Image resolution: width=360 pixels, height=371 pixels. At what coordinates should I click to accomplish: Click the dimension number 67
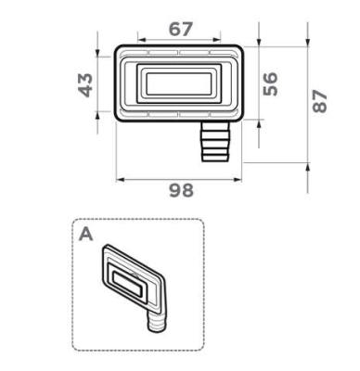click(181, 29)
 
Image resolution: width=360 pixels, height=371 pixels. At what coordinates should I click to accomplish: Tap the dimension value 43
click(85, 85)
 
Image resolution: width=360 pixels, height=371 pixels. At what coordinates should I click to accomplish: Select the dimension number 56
click(270, 83)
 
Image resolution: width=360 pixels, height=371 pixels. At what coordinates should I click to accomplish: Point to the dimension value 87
click(319, 101)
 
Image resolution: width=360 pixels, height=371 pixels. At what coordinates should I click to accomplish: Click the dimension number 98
click(182, 190)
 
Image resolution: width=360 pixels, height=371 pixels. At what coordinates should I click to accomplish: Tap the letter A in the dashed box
click(85, 235)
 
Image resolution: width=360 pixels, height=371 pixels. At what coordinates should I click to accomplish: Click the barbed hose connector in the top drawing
click(215, 142)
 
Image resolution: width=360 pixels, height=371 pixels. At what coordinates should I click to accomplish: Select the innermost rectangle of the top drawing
click(179, 84)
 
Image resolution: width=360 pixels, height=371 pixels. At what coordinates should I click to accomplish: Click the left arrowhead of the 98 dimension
click(120, 180)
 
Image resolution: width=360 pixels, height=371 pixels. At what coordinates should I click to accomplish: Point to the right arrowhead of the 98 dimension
click(238, 180)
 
